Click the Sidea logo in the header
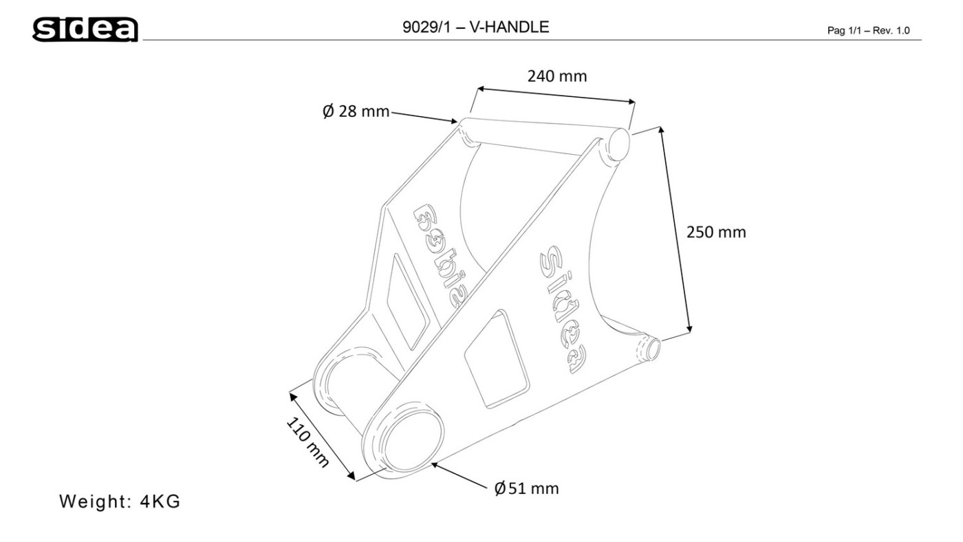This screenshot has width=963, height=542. (x=85, y=29)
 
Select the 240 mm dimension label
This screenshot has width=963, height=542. (x=557, y=76)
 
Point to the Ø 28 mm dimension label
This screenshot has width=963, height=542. (x=356, y=111)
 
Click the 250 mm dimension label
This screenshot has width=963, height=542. (x=716, y=232)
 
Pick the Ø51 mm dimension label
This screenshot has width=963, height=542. (x=526, y=489)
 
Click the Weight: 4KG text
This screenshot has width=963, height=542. (x=120, y=501)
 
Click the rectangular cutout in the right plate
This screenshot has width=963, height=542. (x=497, y=361)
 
